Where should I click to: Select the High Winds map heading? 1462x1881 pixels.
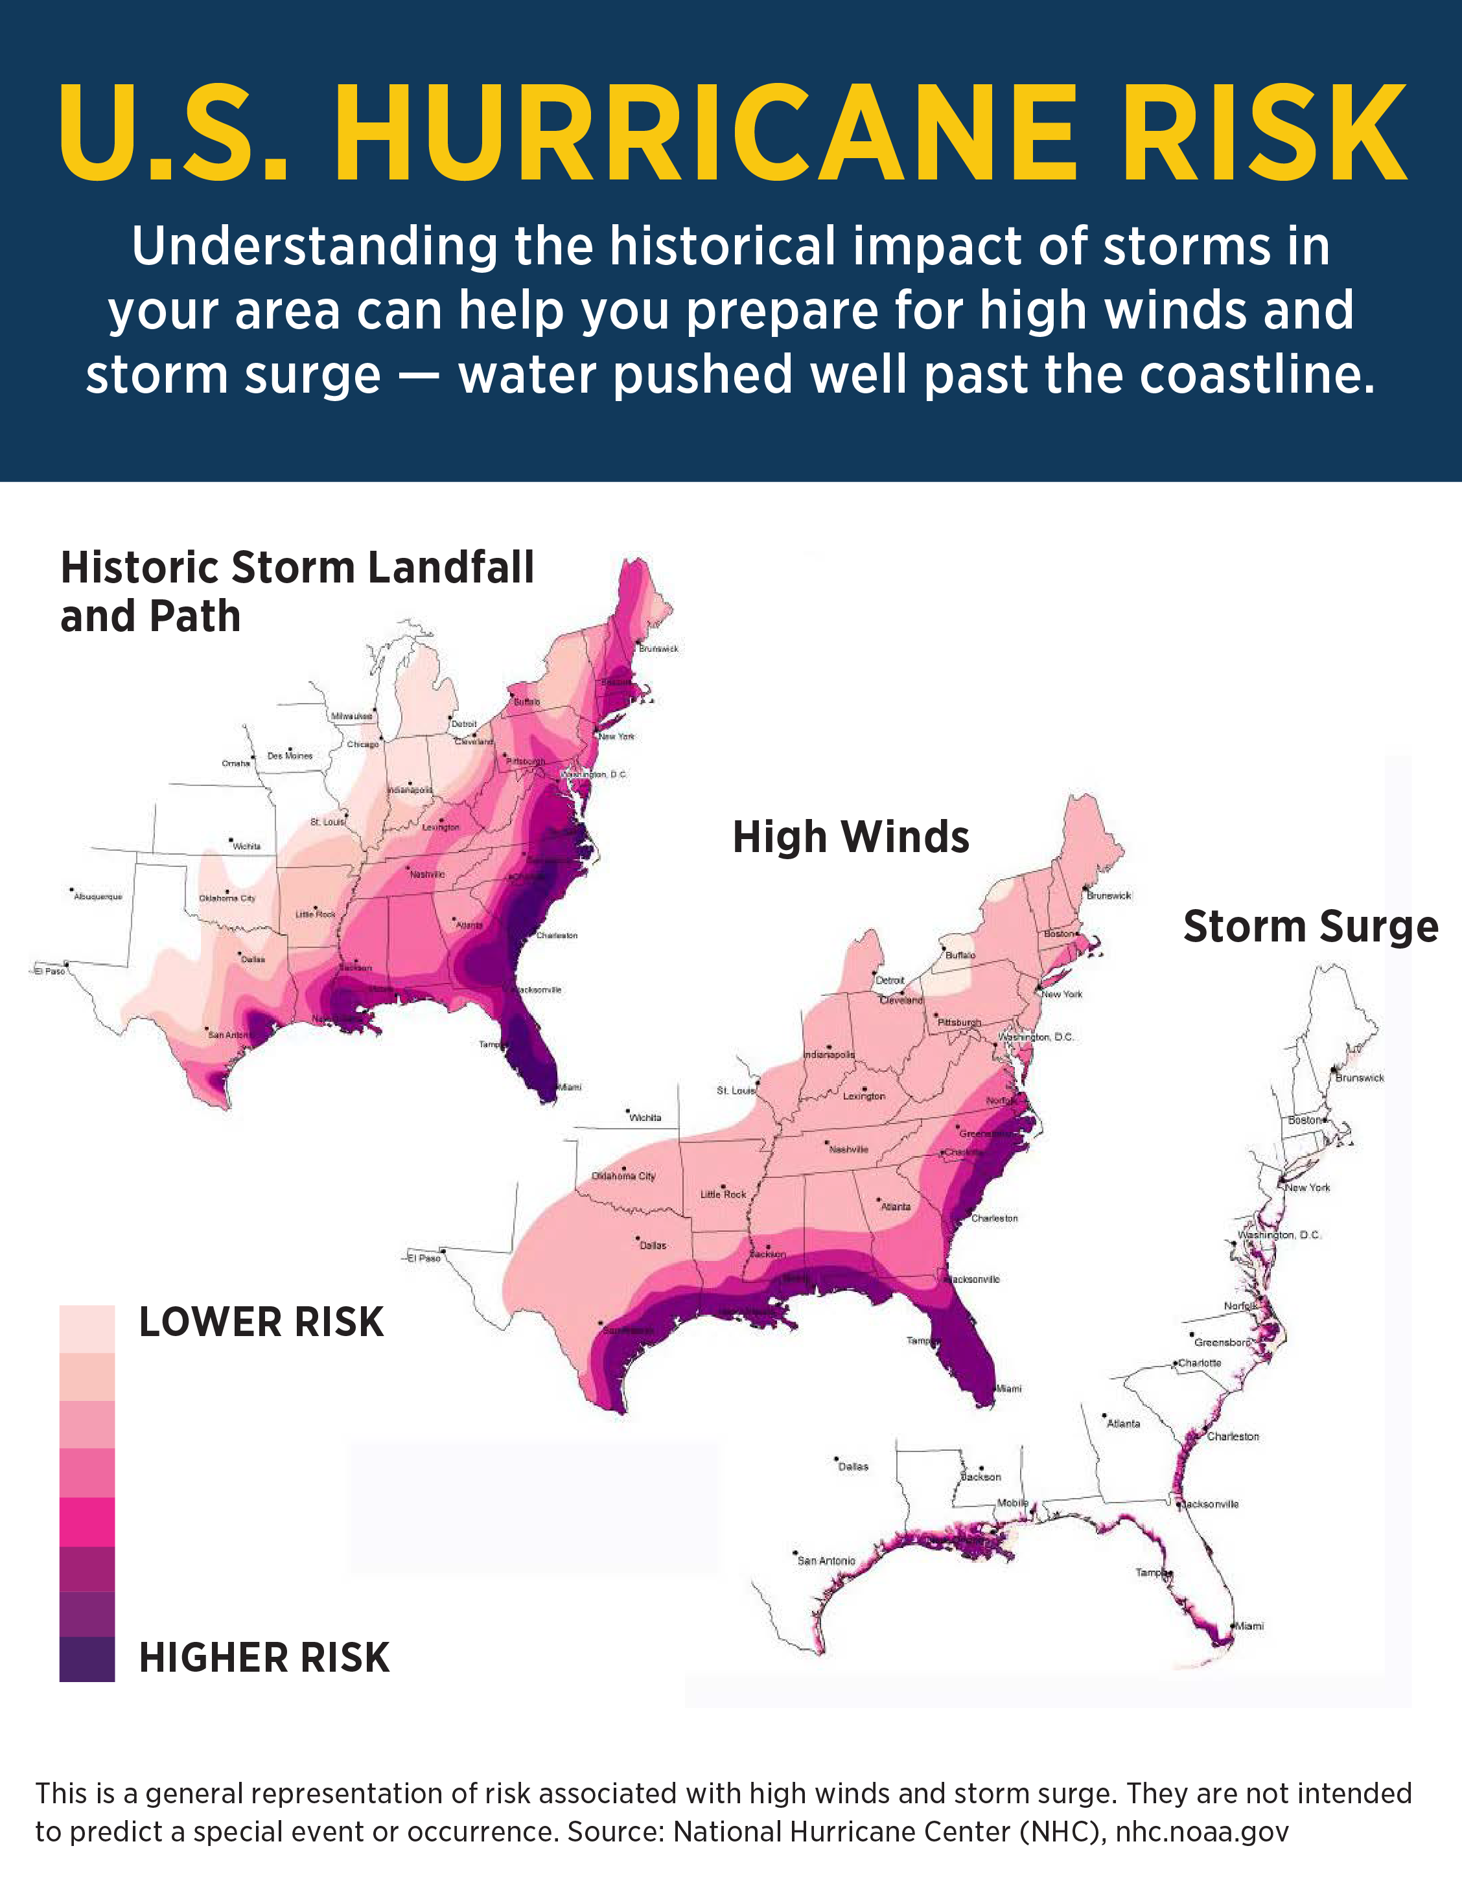coord(850,837)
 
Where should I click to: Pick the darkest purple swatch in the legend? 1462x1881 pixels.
coord(87,1659)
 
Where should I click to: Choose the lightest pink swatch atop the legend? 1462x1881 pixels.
coord(87,1328)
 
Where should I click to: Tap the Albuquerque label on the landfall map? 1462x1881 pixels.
coord(99,897)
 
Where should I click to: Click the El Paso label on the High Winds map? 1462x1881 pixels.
coord(424,1258)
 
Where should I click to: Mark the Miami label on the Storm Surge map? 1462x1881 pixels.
coord(1249,1626)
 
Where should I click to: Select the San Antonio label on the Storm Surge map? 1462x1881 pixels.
coord(826,1561)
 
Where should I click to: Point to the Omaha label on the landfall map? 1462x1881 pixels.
coord(235,763)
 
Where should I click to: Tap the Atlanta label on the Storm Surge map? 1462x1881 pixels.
coord(1124,1424)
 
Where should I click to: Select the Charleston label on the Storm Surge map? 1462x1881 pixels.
coord(1233,1437)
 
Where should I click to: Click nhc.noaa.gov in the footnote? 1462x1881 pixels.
coord(1202,1831)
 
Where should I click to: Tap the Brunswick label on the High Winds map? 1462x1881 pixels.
coord(1109,895)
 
